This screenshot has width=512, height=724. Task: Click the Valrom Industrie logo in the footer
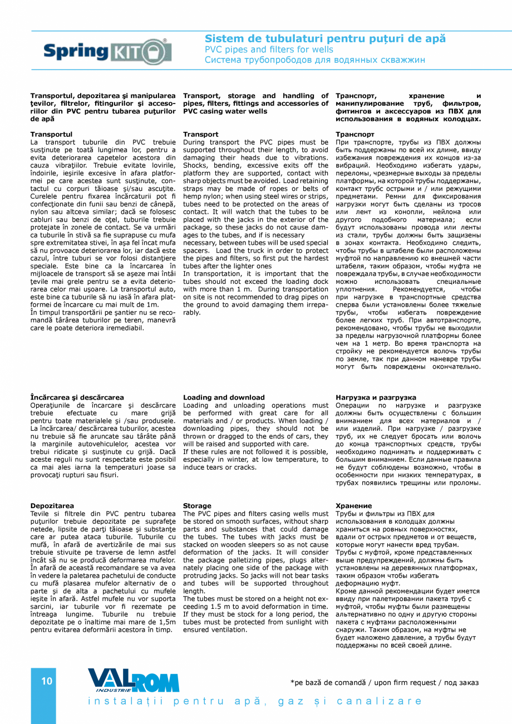coord(134,680)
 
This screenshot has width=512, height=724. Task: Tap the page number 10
coord(47,681)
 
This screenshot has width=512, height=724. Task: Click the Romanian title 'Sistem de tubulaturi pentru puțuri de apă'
coord(325,39)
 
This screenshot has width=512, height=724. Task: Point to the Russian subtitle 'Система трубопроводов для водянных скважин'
coord(314,60)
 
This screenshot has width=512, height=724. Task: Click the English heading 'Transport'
coord(200,135)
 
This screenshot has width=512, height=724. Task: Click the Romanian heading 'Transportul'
coord(51,135)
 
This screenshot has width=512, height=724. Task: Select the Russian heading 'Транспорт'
coord(355,135)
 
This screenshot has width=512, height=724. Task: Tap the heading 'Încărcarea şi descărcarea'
coord(77,398)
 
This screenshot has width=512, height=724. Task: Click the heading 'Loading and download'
coord(224,398)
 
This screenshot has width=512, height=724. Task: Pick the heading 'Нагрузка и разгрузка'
coord(376,398)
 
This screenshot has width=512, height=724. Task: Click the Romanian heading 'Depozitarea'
coord(52,506)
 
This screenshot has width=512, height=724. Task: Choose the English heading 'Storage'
coord(197,506)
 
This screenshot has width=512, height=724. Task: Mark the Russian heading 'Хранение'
coord(354,506)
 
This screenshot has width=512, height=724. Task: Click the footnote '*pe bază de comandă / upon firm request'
coord(384,683)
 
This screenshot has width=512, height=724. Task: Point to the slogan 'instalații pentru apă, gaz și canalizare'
coord(254,701)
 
